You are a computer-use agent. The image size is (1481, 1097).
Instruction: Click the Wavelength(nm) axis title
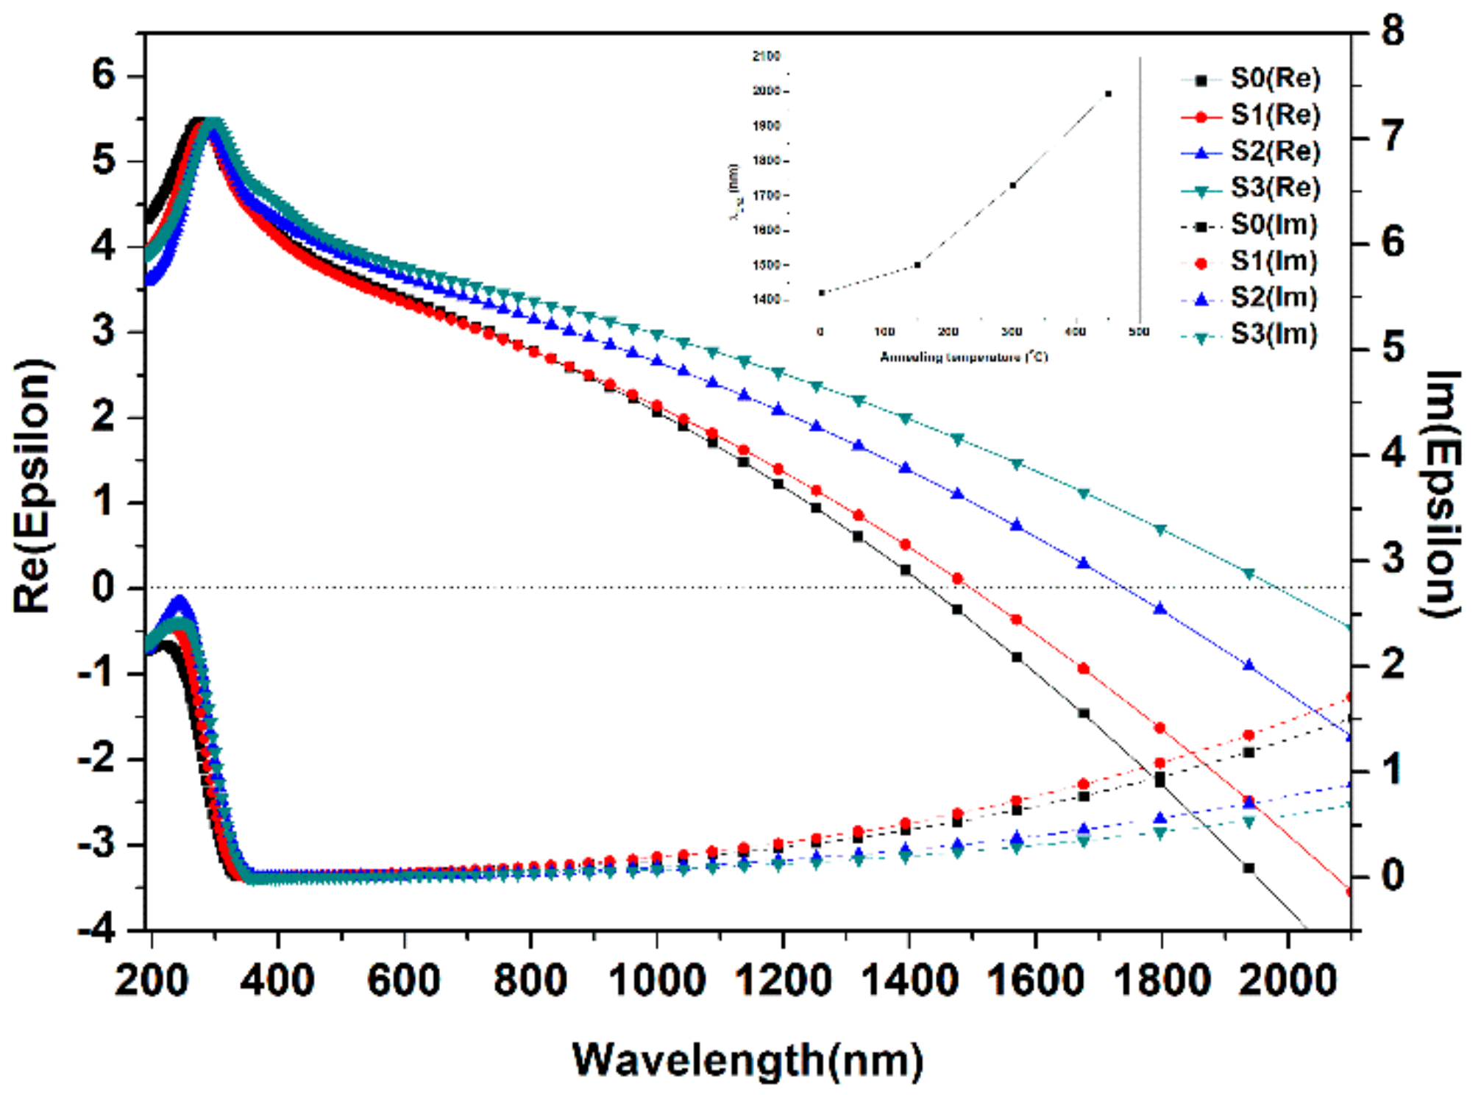(747, 1060)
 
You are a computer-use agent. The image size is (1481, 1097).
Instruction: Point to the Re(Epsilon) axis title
(33, 486)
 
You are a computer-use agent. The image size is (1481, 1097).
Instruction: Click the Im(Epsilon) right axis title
(1441, 493)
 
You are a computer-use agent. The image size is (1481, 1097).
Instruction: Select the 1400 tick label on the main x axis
(909, 981)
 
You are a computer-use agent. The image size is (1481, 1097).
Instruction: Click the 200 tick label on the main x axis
(152, 981)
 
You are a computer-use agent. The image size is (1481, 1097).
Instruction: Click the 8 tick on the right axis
(1392, 32)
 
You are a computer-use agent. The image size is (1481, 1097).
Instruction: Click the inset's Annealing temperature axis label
(964, 358)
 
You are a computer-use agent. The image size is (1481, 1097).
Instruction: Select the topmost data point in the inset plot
(1108, 93)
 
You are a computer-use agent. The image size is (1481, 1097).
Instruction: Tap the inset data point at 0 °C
(822, 293)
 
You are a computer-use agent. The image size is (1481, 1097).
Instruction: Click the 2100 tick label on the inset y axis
(766, 56)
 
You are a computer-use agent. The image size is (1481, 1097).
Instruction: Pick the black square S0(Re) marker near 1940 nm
(1249, 868)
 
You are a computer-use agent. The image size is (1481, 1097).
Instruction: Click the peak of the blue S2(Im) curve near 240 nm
(179, 602)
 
